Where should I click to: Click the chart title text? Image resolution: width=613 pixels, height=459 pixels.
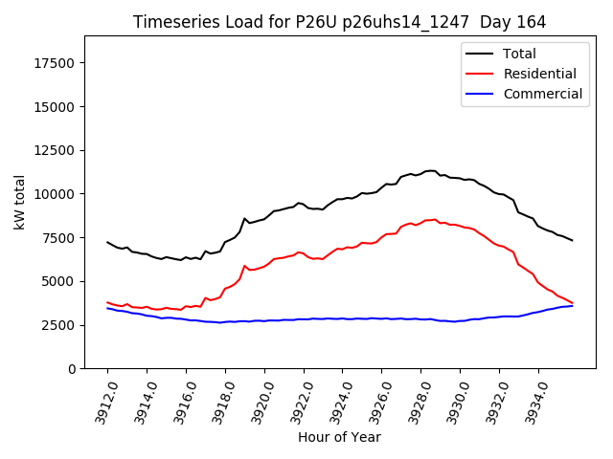[338, 22]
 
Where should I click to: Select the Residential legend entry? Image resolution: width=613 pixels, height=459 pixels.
[539, 74]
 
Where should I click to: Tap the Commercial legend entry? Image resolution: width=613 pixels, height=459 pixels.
[542, 94]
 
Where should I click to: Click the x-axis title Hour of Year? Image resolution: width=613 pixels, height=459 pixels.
[339, 437]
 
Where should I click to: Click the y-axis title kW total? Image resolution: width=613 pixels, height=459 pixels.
[19, 202]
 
